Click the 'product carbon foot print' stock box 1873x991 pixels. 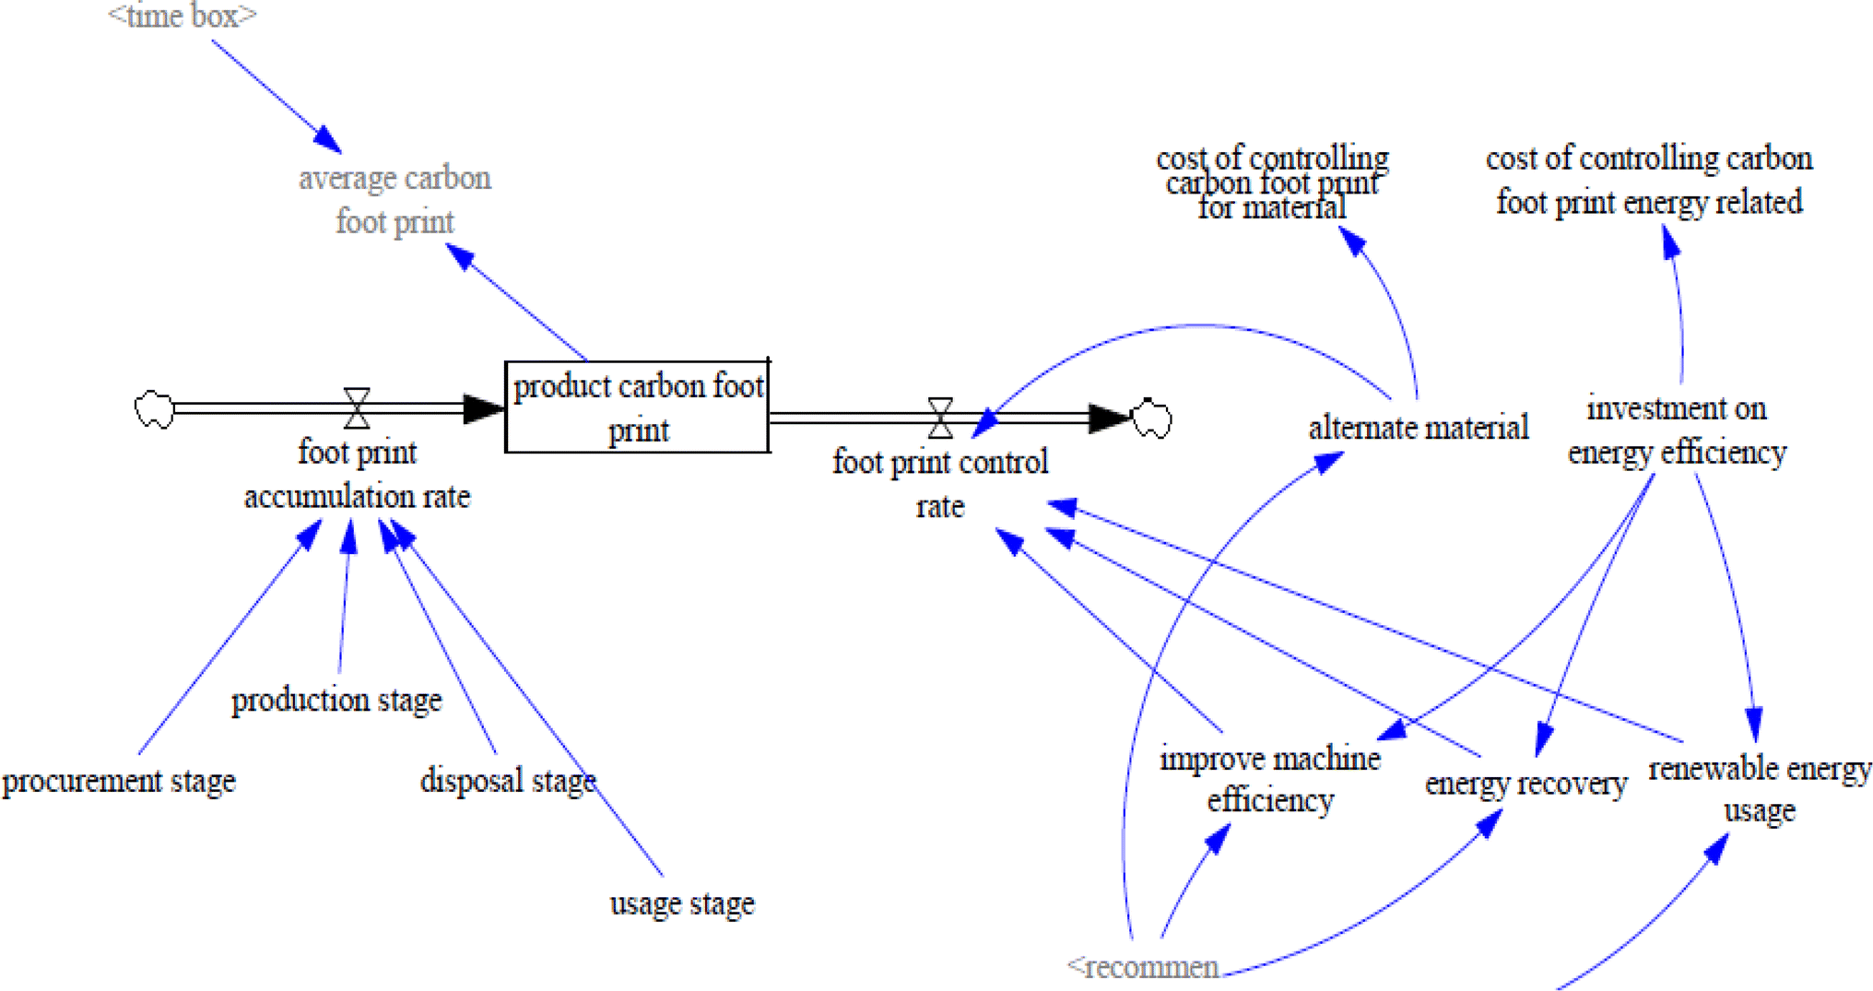pos(637,407)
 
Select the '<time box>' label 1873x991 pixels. pos(182,16)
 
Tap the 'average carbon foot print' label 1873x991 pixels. pos(395,199)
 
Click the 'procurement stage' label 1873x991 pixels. pos(119,781)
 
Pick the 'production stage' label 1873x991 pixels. pos(336,700)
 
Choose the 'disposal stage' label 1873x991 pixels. pos(508,780)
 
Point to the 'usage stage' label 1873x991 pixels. pos(682,903)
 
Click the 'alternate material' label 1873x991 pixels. pos(1418,427)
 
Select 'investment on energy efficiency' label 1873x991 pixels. pos(1677,430)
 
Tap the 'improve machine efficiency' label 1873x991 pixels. pos(1270,779)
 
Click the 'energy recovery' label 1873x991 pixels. pos(1525,783)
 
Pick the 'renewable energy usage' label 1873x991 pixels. pos(1759,788)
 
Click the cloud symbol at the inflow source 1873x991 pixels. pos(154,408)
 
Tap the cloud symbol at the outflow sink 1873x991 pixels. pos(1151,419)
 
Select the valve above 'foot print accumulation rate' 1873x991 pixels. pos(357,407)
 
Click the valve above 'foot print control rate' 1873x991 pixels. pos(939,418)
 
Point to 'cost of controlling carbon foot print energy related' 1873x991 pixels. pos(1649,180)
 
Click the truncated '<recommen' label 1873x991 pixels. pos(1143,967)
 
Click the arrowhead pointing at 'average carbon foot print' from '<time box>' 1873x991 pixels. pos(328,140)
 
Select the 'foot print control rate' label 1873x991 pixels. pos(940,483)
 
